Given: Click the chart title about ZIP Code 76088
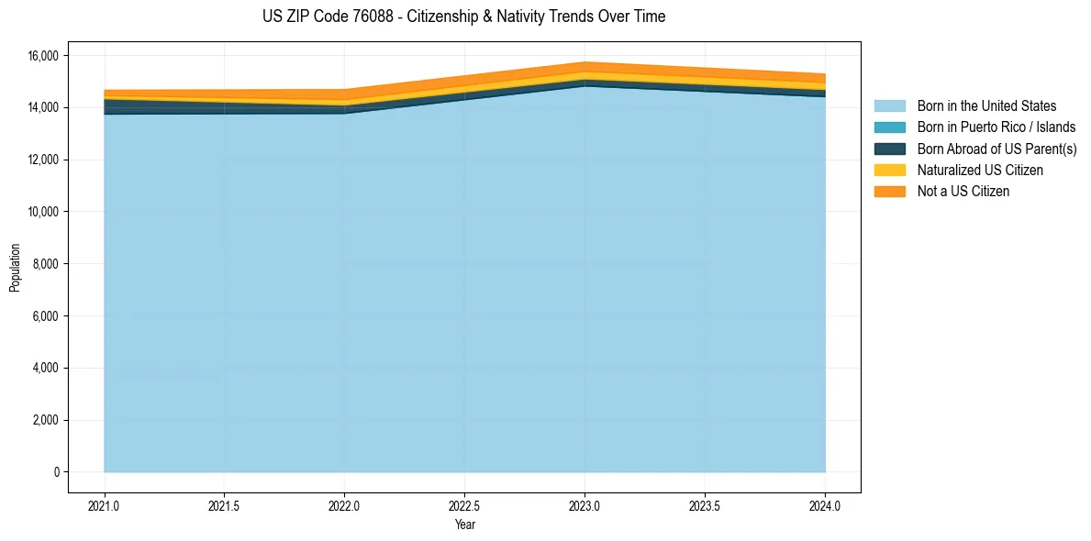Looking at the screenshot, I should tap(463, 17).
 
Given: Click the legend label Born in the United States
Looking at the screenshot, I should tap(986, 106).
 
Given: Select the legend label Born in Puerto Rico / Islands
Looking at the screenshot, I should tap(996, 127).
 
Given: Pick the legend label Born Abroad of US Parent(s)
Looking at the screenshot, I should tap(996, 149).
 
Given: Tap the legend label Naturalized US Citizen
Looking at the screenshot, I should tap(980, 170).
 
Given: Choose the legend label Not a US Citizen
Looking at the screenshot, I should tap(963, 191).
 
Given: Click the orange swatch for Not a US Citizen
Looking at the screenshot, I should tap(889, 191).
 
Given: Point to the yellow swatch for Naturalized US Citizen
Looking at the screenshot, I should tap(889, 170).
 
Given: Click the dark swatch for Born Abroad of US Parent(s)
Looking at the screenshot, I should tap(889, 149).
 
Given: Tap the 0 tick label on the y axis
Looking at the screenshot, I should tap(56, 472).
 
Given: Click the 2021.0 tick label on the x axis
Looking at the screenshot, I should tap(105, 505).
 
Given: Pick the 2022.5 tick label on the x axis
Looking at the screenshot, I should tap(464, 505).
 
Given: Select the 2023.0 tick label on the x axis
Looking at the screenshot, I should tap(584, 505).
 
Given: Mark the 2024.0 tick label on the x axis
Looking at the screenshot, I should tap(825, 505).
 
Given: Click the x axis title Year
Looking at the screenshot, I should tap(464, 524).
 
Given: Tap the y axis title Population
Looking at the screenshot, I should tap(15, 268).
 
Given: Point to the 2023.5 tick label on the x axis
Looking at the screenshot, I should tap(705, 505).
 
